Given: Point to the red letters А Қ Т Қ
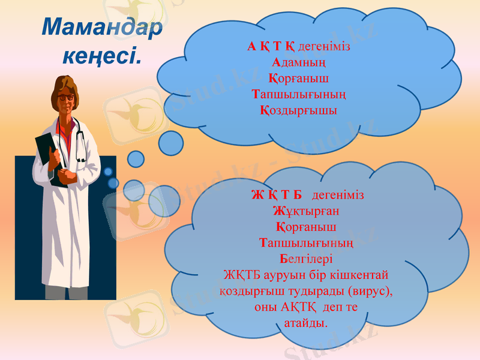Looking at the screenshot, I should (271, 46).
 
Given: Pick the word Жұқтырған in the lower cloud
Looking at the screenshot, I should (306, 211).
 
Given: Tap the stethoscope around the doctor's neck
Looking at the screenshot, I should (77, 138).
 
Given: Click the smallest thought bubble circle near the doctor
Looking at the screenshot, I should (108, 172).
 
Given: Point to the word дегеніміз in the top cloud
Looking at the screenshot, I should (324, 46).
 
